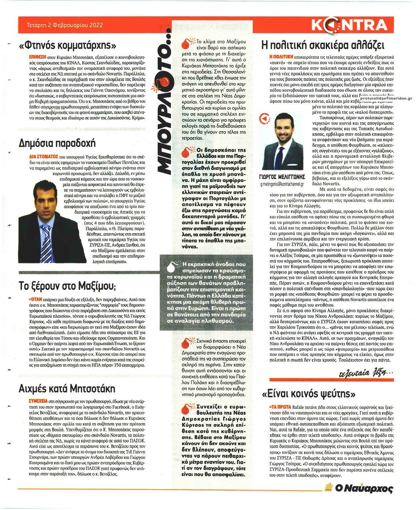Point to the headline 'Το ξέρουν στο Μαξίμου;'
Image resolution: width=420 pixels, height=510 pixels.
coord(67,286)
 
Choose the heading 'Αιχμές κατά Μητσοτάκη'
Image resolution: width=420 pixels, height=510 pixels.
coord(66,389)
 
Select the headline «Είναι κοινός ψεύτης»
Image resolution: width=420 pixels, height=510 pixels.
coord(309,394)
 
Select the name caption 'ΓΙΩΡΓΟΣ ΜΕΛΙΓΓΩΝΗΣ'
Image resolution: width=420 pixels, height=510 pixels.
coord(283,177)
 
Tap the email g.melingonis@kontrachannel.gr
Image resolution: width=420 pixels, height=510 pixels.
coord(283,184)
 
